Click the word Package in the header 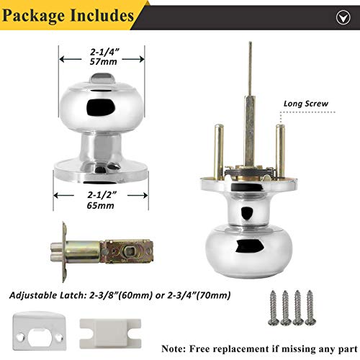click(x=33, y=16)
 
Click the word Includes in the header click(x=102, y=15)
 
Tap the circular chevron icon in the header click(x=343, y=17)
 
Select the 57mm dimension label click(x=103, y=62)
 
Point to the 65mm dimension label click(x=100, y=205)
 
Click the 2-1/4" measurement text click(x=104, y=52)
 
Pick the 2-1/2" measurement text click(x=102, y=195)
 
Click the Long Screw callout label click(x=306, y=104)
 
